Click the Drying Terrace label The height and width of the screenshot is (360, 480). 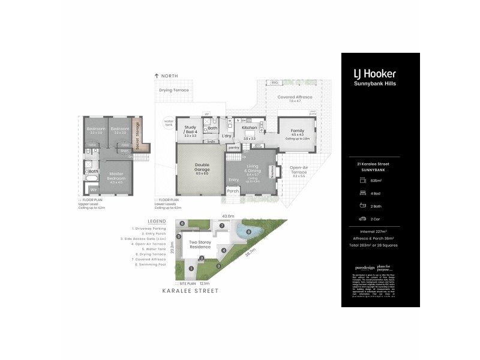click(x=174, y=90)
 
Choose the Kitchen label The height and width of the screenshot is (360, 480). click(x=250, y=128)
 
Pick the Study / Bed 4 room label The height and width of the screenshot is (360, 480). click(x=191, y=129)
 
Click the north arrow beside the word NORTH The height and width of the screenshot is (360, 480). click(x=157, y=76)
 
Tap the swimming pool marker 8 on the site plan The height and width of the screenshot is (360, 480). click(x=248, y=232)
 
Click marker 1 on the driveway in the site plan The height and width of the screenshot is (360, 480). click(x=191, y=268)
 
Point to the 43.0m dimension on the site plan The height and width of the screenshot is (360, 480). click(x=227, y=215)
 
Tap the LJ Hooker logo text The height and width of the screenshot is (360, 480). click(x=376, y=74)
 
